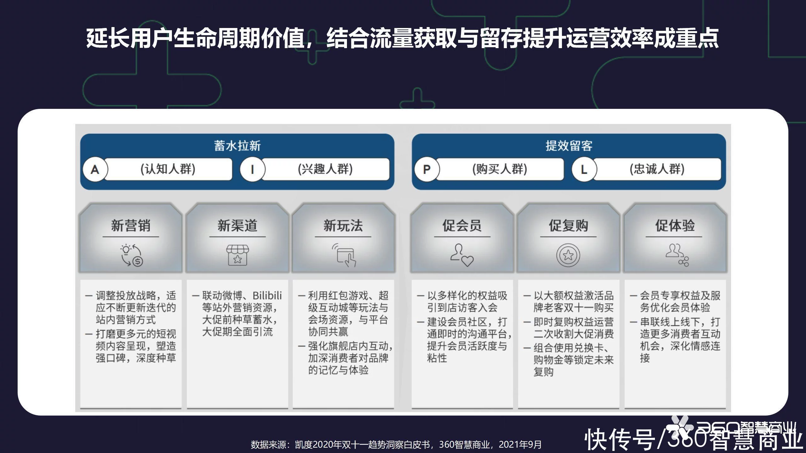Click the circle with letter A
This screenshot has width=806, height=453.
coord(95,170)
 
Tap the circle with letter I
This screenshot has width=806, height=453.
coord(253,170)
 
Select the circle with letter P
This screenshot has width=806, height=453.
coord(427,170)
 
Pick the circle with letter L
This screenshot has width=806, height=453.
coord(584,170)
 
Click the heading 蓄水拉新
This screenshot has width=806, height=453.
coord(237,146)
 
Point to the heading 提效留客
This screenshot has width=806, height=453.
coord(569,146)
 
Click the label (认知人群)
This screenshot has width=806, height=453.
coord(168,169)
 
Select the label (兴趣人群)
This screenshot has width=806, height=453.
coord(325,169)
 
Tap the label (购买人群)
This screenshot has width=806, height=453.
coord(500,169)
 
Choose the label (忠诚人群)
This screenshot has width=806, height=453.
coord(657,169)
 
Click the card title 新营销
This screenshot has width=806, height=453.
coord(131,226)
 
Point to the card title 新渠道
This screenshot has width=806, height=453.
coord(237,226)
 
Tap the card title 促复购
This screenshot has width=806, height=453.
coord(569,226)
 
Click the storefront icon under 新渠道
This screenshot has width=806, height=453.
coord(237,255)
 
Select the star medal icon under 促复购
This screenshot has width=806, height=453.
coord(568,255)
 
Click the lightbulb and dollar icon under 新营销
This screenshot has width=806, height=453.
coord(132,255)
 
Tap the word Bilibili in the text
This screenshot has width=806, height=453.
coord(267,296)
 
